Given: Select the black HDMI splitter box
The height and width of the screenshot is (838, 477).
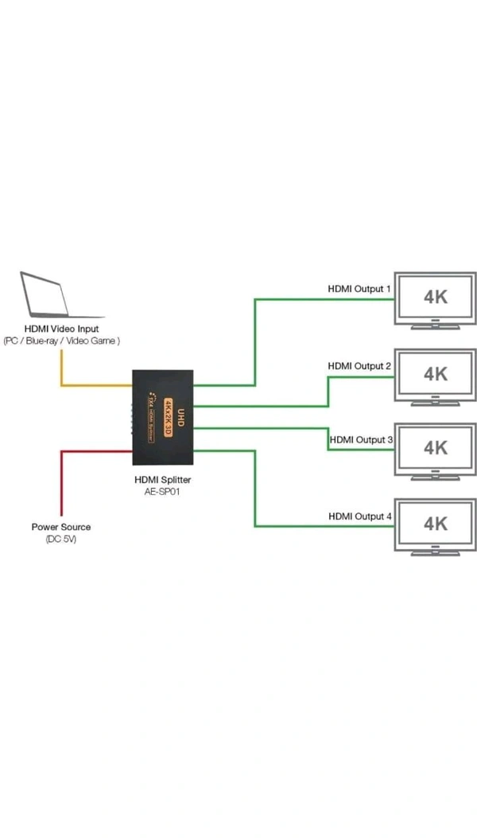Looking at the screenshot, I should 163,417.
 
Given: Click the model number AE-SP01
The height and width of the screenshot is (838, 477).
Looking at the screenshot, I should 164,493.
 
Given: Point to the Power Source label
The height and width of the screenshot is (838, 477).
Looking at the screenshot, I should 61,527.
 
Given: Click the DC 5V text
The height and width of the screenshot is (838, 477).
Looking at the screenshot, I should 61,540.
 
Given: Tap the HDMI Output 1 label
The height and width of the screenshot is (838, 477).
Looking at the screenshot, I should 359,288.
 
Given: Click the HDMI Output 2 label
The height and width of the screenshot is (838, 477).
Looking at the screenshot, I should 359,366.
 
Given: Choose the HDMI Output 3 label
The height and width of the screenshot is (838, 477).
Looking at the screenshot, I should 360,439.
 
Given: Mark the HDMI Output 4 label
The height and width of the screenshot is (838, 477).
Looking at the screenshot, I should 360,516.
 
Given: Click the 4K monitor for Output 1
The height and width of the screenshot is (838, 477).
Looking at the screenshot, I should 436,298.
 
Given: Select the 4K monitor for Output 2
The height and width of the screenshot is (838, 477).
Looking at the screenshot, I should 436,374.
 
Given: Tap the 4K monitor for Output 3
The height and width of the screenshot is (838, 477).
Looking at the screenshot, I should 436,448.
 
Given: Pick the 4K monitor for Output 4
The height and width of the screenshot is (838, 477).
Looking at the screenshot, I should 436,524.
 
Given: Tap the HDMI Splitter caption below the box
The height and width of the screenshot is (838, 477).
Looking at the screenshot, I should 164,480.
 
